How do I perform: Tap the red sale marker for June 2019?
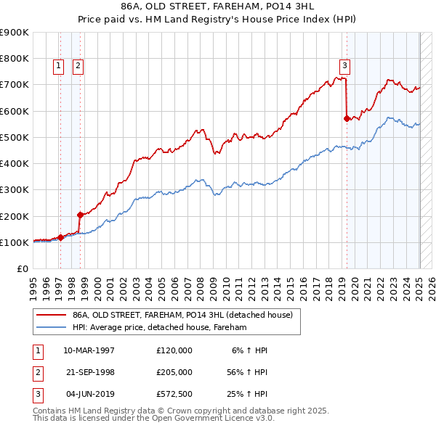click(x=347, y=118)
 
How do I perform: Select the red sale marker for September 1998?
click(x=80, y=215)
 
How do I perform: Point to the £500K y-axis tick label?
click(x=15, y=137)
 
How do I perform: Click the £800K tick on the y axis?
click(x=15, y=58)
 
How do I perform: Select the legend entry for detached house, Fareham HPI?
click(x=160, y=328)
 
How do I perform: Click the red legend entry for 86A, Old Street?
click(x=182, y=315)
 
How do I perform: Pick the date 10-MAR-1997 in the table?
click(x=89, y=350)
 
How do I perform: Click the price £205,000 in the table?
click(x=174, y=372)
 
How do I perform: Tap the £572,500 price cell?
click(x=174, y=395)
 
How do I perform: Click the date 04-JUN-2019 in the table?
click(x=89, y=395)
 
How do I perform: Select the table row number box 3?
click(x=36, y=395)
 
